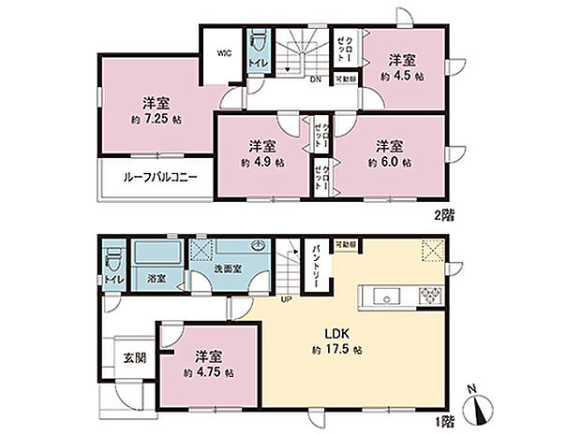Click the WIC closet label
coord(225,53)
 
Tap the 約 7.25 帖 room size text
coord(150,121)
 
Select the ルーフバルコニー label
coord(156,176)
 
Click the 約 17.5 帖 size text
coord(338,350)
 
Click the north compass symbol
coord(481,408)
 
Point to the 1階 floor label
coord(442,420)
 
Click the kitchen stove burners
coord(433,297)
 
